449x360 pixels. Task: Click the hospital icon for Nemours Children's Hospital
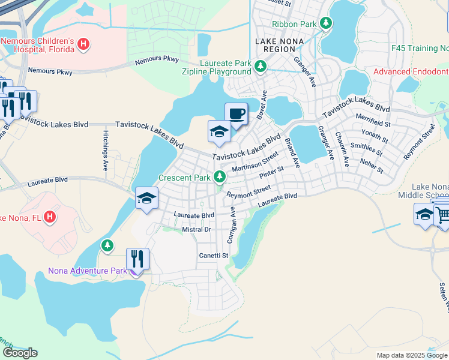click(x=84, y=44)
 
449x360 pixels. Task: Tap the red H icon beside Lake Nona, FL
click(x=50, y=217)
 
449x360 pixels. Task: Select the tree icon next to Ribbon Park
click(x=325, y=23)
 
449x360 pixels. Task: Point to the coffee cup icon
click(x=236, y=113)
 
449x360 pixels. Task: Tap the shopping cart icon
click(x=442, y=214)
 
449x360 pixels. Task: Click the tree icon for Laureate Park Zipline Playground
click(x=261, y=66)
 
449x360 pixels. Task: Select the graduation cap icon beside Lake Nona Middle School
click(x=424, y=214)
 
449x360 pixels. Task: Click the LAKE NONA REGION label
click(x=279, y=41)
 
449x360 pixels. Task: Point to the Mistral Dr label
click(x=196, y=230)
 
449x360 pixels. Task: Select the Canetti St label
click(x=214, y=256)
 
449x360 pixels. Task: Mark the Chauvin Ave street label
click(x=343, y=149)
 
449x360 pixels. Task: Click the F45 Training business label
click(x=419, y=47)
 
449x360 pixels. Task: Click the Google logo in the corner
click(x=20, y=353)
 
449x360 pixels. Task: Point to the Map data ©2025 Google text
click(x=411, y=355)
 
